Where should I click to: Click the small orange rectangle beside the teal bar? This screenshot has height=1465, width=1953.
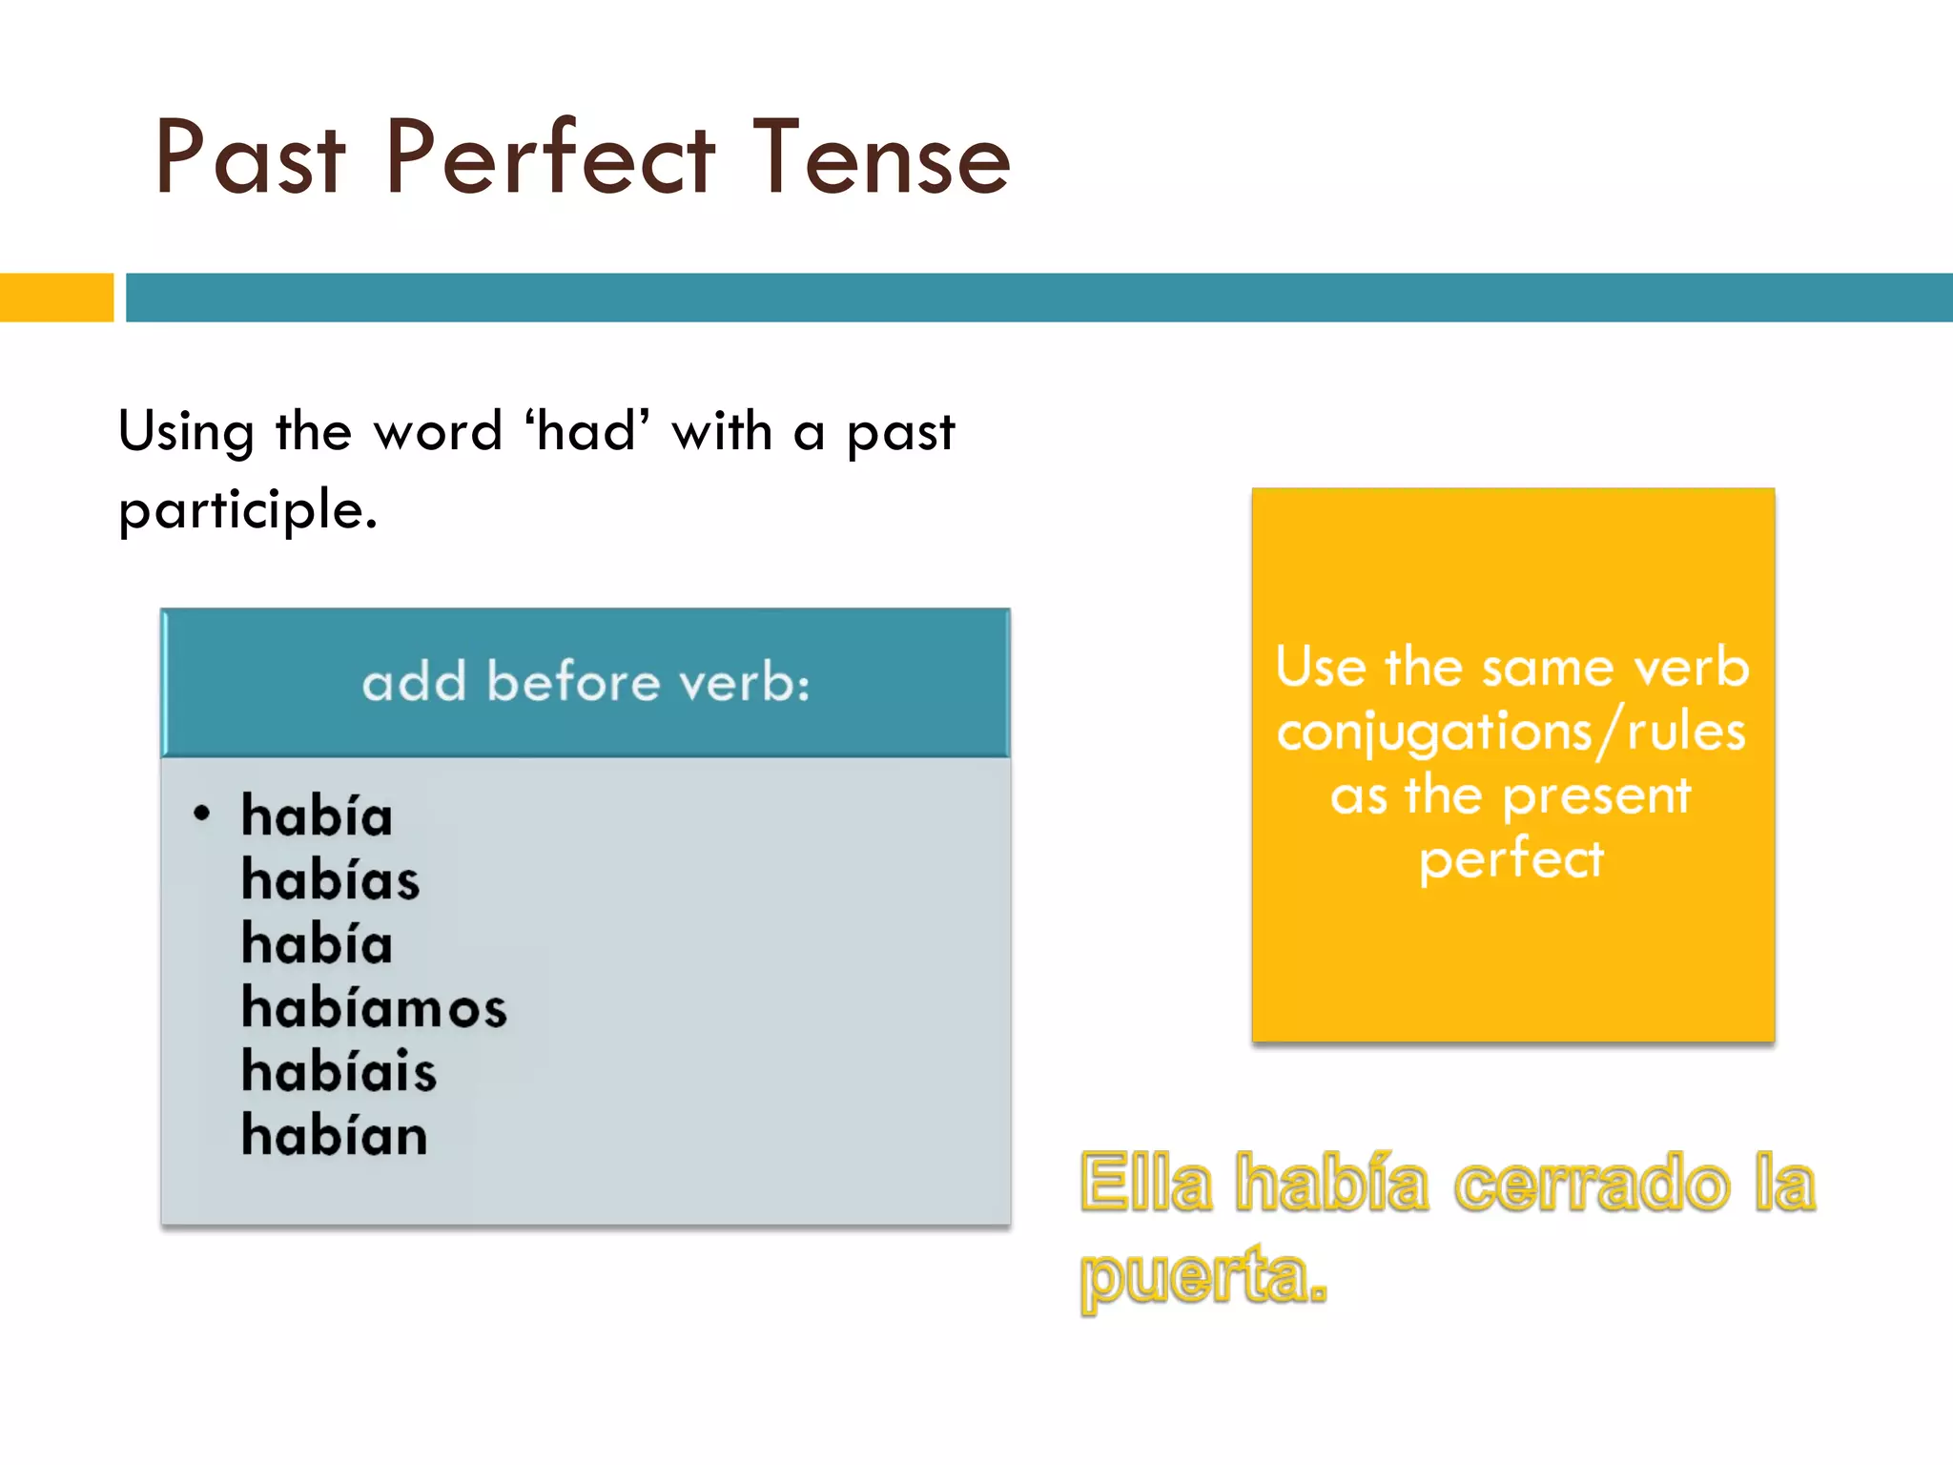[56, 298]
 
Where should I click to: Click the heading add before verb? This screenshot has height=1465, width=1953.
[586, 682]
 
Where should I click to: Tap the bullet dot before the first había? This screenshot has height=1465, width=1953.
[201, 814]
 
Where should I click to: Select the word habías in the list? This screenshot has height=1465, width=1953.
[330, 879]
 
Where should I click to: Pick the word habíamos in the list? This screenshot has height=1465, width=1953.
[374, 1007]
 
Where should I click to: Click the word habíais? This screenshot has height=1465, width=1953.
[339, 1071]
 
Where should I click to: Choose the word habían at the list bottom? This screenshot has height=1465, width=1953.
[334, 1135]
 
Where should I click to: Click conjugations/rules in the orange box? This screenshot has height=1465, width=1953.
[1511, 732]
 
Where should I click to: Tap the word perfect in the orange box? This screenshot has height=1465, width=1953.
[1511, 859]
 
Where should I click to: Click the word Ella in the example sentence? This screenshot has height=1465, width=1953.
[1146, 1183]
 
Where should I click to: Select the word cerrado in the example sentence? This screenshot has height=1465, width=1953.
[1591, 1183]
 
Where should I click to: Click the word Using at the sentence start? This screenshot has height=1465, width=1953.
[186, 431]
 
